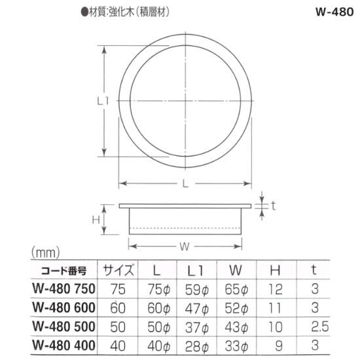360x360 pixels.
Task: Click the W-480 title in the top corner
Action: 334,12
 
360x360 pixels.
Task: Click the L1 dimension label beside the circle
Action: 103,101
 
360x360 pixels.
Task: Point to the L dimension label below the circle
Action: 185,183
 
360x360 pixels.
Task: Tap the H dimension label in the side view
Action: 96,220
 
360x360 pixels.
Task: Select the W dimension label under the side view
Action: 185,247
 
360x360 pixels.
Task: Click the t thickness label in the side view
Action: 273,206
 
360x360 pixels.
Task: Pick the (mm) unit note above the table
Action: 45,253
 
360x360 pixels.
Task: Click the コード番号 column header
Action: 63,271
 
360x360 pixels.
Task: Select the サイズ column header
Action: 118,270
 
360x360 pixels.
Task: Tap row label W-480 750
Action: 64,289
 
